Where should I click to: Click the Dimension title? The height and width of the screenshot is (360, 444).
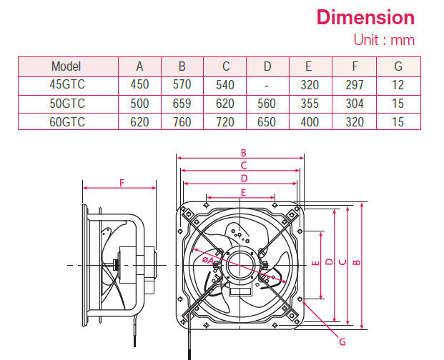pos(365,17)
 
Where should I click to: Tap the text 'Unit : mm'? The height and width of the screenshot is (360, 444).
pos(384,40)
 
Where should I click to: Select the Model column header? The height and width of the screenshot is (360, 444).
pos(66,67)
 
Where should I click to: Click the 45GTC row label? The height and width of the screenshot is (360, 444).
pos(66,85)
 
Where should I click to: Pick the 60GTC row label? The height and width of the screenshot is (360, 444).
pos(66,121)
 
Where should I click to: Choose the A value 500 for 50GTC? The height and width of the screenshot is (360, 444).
pos(140,104)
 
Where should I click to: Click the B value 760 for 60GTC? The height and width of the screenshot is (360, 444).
pos(182,121)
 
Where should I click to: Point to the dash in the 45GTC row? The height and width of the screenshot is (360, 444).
pos(267,85)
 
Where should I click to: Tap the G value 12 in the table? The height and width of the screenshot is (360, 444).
pos(398,85)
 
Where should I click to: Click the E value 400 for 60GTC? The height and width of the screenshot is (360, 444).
pos(310,121)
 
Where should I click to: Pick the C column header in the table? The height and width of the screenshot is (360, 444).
pos(225,67)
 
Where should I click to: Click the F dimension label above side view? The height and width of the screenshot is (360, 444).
pos(122,184)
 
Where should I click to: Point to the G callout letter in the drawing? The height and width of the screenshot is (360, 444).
pos(342,342)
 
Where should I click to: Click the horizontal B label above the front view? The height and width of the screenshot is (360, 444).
pos(243,153)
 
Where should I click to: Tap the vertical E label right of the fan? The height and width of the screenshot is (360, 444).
pos(315,264)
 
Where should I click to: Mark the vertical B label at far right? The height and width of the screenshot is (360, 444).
pos(357,262)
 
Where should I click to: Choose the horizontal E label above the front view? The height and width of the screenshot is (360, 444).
pos(243,192)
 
